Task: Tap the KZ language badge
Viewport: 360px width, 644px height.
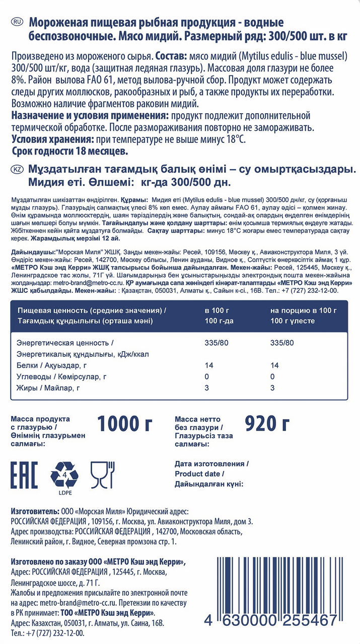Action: [17, 170]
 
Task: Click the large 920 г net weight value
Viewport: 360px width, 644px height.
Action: [267, 424]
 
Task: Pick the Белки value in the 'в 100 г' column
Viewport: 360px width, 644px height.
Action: [209, 365]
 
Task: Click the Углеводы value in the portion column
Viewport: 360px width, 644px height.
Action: [272, 376]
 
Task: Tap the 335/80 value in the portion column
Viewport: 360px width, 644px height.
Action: [282, 343]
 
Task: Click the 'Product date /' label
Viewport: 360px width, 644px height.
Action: [199, 474]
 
